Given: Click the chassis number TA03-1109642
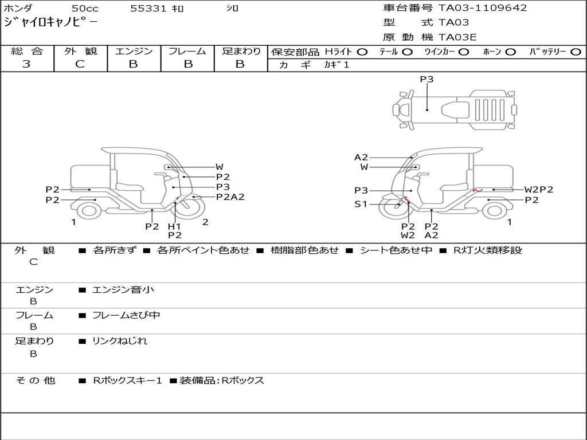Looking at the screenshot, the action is (x=483, y=8).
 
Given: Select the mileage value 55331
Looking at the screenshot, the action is (x=148, y=8).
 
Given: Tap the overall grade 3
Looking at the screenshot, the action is (x=26, y=64).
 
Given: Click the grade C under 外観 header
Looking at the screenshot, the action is (x=80, y=64).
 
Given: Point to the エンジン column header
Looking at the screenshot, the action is (x=134, y=51).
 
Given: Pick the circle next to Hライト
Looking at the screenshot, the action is (x=362, y=52).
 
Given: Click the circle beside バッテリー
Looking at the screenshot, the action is (x=576, y=52).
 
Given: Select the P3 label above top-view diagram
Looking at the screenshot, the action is (x=426, y=79).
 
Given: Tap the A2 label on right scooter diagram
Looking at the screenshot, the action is (x=361, y=158).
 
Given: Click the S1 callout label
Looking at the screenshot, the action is (x=361, y=205).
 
